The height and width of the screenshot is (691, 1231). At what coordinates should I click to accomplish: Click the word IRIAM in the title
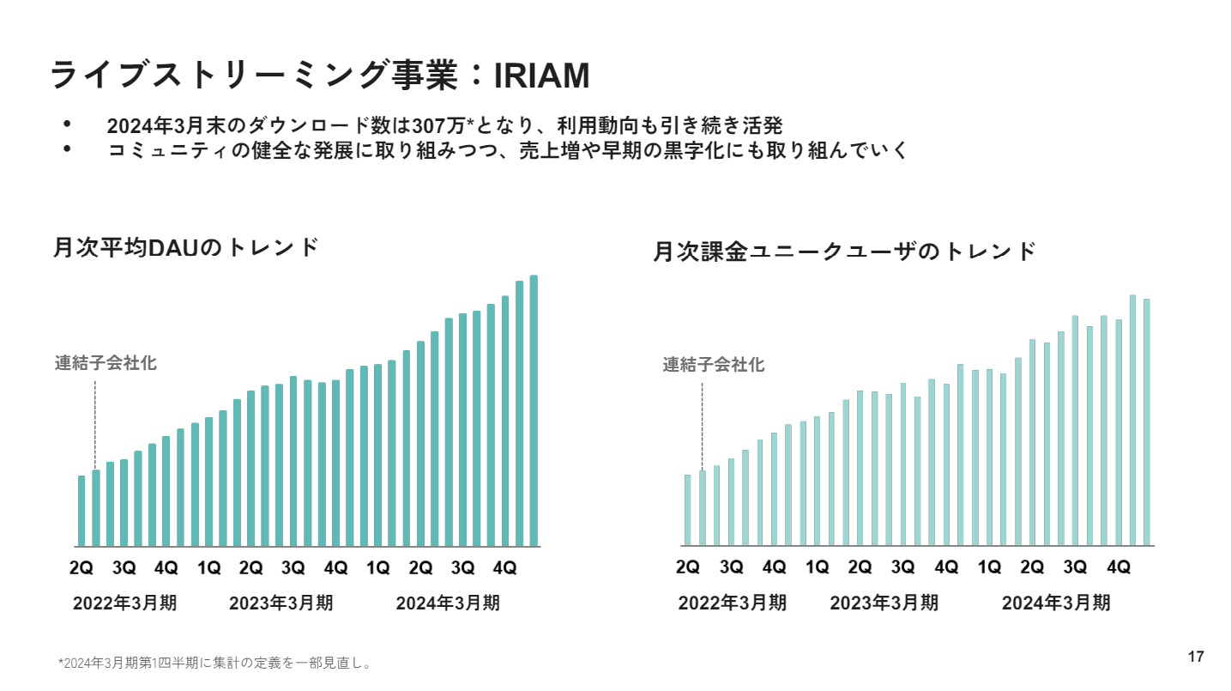click(542, 76)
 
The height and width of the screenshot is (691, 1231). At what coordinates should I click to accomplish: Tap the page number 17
click(1196, 658)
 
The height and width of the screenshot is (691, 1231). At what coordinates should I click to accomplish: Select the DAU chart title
click(185, 247)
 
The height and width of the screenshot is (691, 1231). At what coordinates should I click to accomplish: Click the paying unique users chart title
click(845, 252)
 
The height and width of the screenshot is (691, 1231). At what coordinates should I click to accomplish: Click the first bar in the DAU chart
click(81, 511)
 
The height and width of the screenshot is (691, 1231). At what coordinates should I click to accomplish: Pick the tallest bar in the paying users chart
click(1132, 421)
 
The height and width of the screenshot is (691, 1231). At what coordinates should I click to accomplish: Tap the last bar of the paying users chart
click(1147, 422)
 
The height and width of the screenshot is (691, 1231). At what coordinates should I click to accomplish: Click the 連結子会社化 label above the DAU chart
click(106, 363)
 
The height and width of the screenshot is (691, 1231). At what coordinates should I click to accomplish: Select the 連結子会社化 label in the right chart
click(713, 365)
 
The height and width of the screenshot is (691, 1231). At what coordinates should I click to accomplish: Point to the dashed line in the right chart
click(702, 425)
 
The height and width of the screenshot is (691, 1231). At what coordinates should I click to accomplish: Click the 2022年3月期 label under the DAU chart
click(125, 603)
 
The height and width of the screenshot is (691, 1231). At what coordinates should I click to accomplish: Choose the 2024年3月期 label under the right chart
click(1056, 603)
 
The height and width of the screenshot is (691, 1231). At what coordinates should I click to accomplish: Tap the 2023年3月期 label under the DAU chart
click(281, 603)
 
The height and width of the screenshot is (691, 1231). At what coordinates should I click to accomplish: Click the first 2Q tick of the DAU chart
click(81, 567)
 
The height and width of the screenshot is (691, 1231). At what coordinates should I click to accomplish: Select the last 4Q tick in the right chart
click(1119, 567)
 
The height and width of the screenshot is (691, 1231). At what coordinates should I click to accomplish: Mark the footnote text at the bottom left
click(214, 664)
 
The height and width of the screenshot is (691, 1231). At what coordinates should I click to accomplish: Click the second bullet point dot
click(68, 149)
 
